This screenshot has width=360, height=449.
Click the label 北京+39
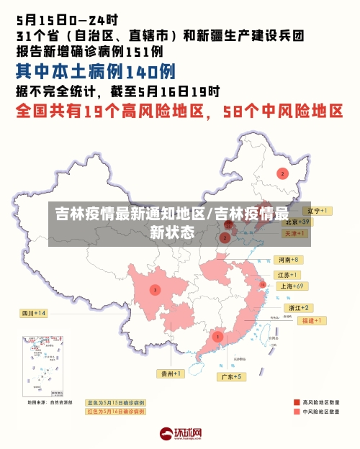click(295, 222)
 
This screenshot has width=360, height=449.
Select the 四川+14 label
click(33, 313)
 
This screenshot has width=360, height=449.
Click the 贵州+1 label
click(171, 373)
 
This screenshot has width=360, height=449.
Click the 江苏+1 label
click(288, 275)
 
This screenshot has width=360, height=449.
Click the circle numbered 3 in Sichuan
click(154, 290)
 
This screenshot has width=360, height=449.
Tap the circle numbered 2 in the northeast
click(283, 173)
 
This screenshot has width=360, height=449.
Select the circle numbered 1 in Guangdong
click(217, 336)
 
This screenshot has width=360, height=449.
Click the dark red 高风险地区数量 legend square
click(297, 402)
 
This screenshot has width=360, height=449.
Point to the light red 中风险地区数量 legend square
click(297, 412)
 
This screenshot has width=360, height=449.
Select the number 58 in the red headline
click(235, 112)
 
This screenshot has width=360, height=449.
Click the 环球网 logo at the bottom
click(179, 433)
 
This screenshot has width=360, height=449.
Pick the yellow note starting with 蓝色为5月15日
click(115, 403)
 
